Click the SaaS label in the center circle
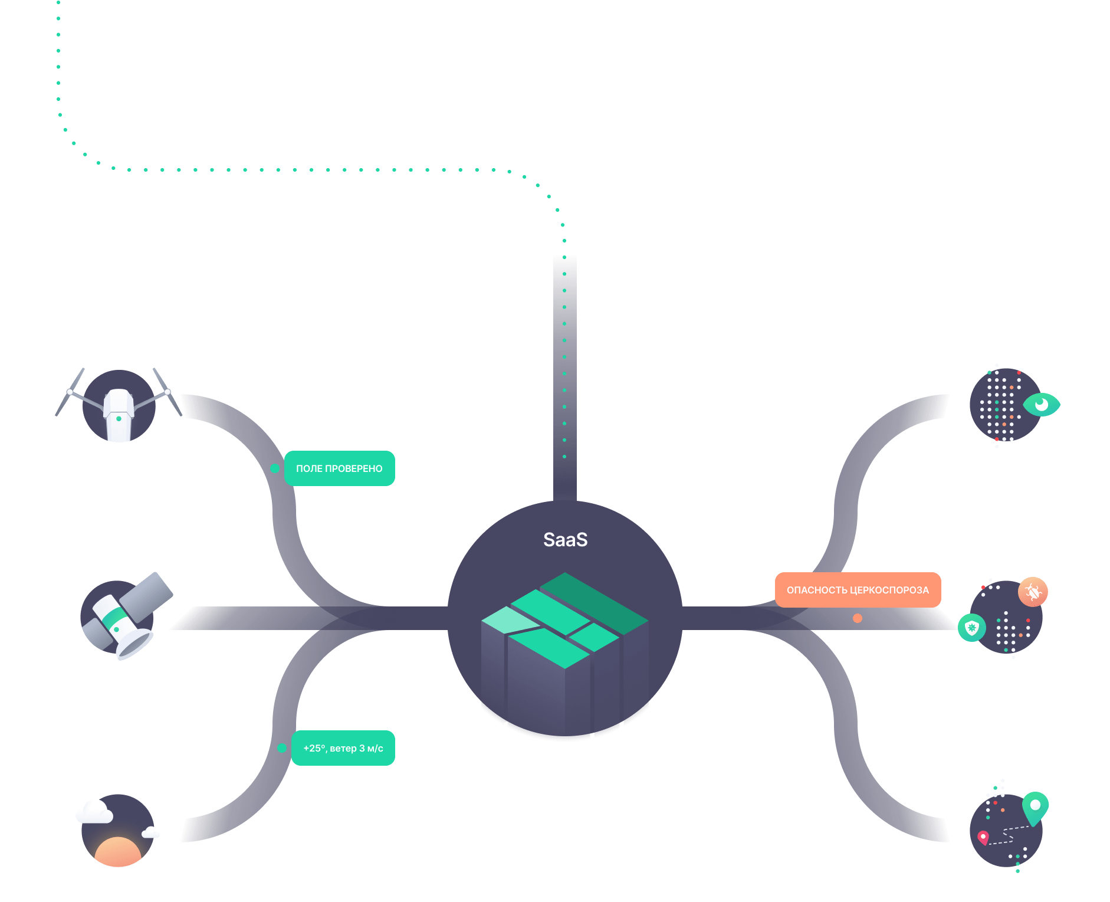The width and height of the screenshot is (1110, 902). tap(565, 539)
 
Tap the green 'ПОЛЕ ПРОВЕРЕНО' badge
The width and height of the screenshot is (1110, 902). tap(339, 468)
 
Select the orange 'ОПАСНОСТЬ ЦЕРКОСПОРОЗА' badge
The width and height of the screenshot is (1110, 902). tap(858, 590)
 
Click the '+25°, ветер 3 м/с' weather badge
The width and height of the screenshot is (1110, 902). tap(343, 748)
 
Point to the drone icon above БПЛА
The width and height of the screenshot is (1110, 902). tap(119, 406)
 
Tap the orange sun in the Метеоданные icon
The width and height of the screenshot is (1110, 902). tap(118, 852)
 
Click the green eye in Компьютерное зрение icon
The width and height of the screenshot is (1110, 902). tap(1042, 405)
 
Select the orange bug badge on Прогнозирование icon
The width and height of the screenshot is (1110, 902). tap(1033, 592)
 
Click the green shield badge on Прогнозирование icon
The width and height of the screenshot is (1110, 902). tap(971, 628)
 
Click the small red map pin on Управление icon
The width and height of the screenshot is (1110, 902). tap(983, 837)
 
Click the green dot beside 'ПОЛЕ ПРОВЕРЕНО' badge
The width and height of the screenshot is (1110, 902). tap(275, 468)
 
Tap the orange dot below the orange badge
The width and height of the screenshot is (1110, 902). tap(858, 618)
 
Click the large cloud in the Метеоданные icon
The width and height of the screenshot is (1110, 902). tap(94, 812)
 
